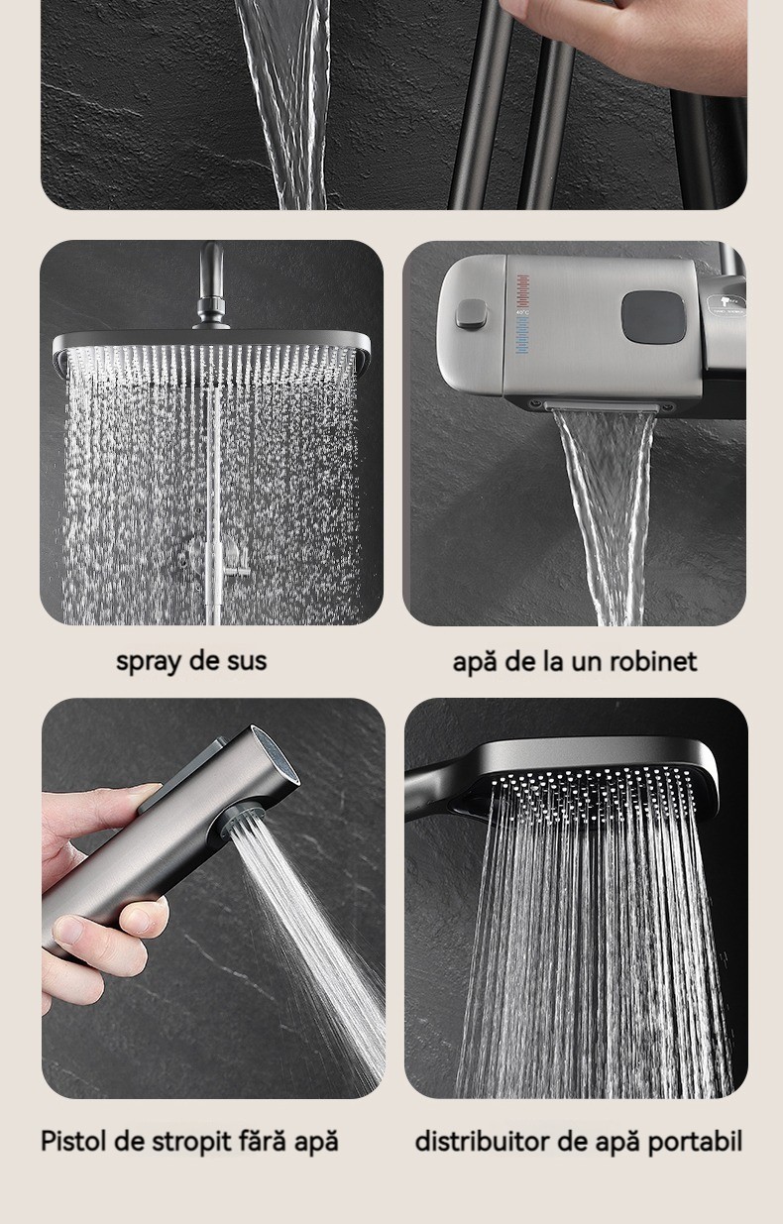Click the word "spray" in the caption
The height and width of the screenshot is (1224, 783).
coord(146,662)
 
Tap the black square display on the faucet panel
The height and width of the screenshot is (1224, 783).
coord(653,317)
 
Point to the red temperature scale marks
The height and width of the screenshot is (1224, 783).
coord(523,290)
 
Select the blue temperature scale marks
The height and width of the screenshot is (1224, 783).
coord(522,336)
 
